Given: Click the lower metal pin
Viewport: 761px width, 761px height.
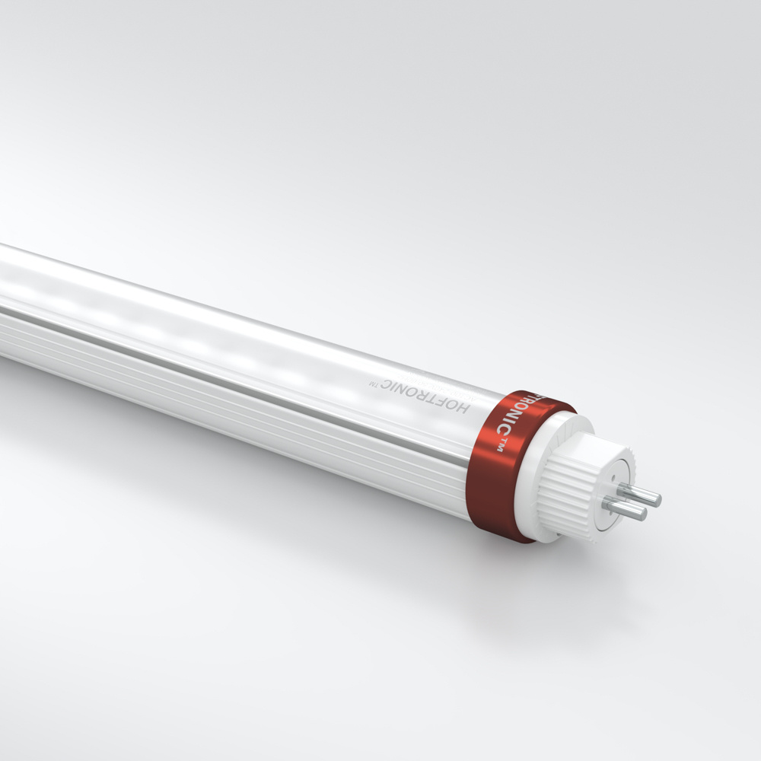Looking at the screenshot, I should pos(624,508).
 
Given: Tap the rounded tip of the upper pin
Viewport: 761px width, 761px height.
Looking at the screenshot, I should pos(657,500).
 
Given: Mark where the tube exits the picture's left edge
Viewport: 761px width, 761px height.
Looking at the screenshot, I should pos(2,304).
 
